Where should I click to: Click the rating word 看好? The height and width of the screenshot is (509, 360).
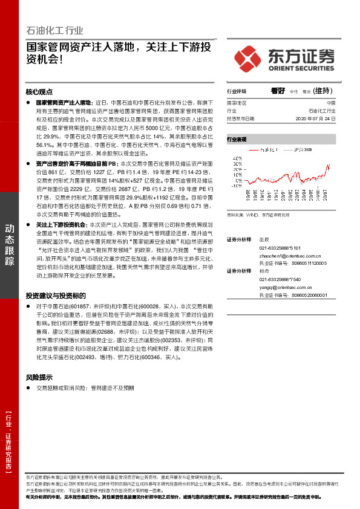pos(278,91)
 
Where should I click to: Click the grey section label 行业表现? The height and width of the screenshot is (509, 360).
pos(237,139)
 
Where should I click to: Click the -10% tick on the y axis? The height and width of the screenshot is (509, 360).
pos(235,186)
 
